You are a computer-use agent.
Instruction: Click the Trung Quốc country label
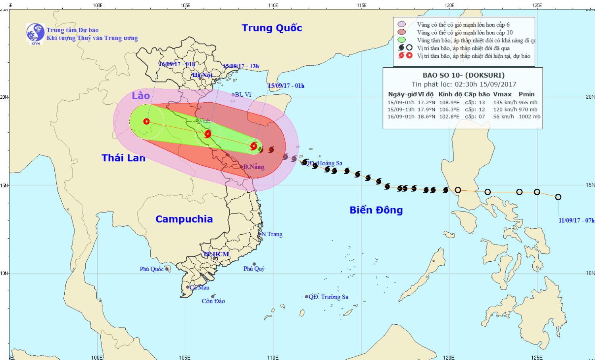point(272,28)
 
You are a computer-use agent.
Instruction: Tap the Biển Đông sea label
point(376,210)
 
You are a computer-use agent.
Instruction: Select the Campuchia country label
point(184,219)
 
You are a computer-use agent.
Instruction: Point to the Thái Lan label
point(123,158)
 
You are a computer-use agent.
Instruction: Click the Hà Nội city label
point(203,75)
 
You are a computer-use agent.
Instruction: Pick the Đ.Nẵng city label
point(254,167)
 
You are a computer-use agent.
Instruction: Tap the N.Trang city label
point(272,234)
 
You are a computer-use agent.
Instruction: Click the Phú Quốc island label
point(152,269)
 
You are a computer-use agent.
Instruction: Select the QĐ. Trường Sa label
point(328,297)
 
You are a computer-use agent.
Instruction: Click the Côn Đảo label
point(213,301)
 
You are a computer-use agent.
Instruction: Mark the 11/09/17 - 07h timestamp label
point(576,220)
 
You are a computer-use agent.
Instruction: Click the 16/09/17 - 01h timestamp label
point(177,64)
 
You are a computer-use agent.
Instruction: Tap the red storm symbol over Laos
point(146,121)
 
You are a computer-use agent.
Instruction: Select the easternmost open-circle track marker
point(558,197)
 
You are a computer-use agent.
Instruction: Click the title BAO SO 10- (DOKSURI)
point(463,75)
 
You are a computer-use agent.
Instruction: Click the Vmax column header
point(502,94)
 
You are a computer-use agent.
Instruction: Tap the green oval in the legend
point(402,40)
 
